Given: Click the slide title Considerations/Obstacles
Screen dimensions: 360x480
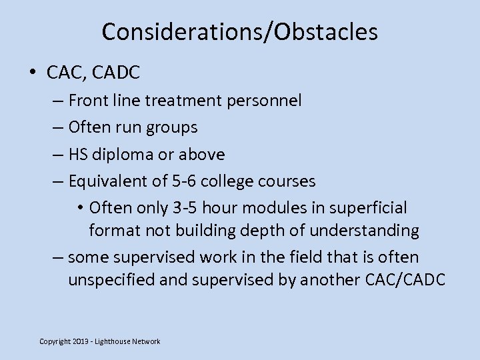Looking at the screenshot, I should tap(240, 31).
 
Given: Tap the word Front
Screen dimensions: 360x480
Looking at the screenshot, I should tap(89, 101).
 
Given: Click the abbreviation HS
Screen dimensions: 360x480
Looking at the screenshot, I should tap(78, 155).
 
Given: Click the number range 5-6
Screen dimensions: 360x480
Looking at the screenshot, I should tap(184, 181).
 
